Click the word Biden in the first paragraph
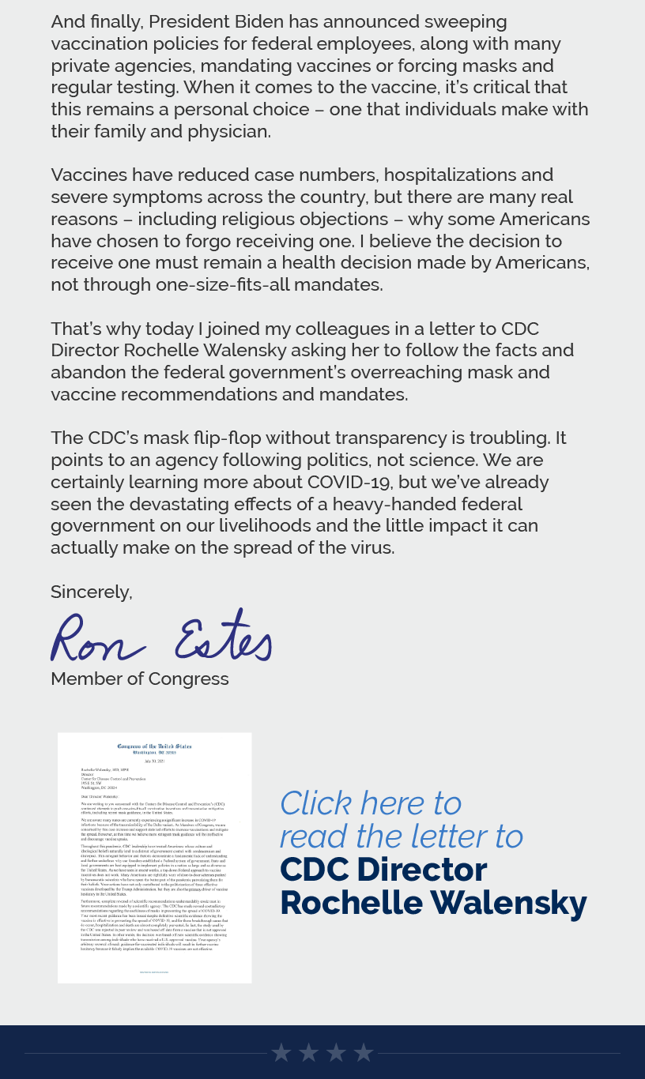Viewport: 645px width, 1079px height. (x=246, y=22)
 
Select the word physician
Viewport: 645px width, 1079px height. (x=228, y=132)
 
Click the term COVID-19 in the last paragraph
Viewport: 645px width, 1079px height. (x=360, y=482)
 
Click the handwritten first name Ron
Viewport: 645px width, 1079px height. (x=96, y=638)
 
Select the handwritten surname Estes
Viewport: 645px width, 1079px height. (x=223, y=637)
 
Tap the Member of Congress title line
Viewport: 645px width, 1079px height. (x=140, y=679)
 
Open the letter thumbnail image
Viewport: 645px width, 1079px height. (x=155, y=858)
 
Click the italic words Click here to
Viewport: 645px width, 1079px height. (x=370, y=803)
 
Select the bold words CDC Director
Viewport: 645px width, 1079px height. (x=383, y=870)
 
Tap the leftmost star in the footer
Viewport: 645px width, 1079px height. (x=281, y=1053)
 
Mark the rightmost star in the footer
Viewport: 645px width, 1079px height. (x=364, y=1053)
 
